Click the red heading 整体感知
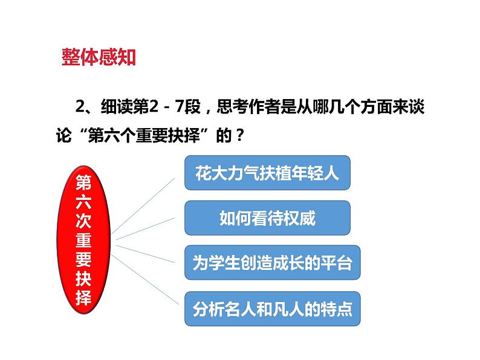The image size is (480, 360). coord(99,57)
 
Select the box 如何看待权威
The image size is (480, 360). coord(267,218)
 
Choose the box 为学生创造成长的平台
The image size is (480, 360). coord(271,263)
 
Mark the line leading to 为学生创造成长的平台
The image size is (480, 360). coord(148,253)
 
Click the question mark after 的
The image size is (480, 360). coord(239,135)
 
